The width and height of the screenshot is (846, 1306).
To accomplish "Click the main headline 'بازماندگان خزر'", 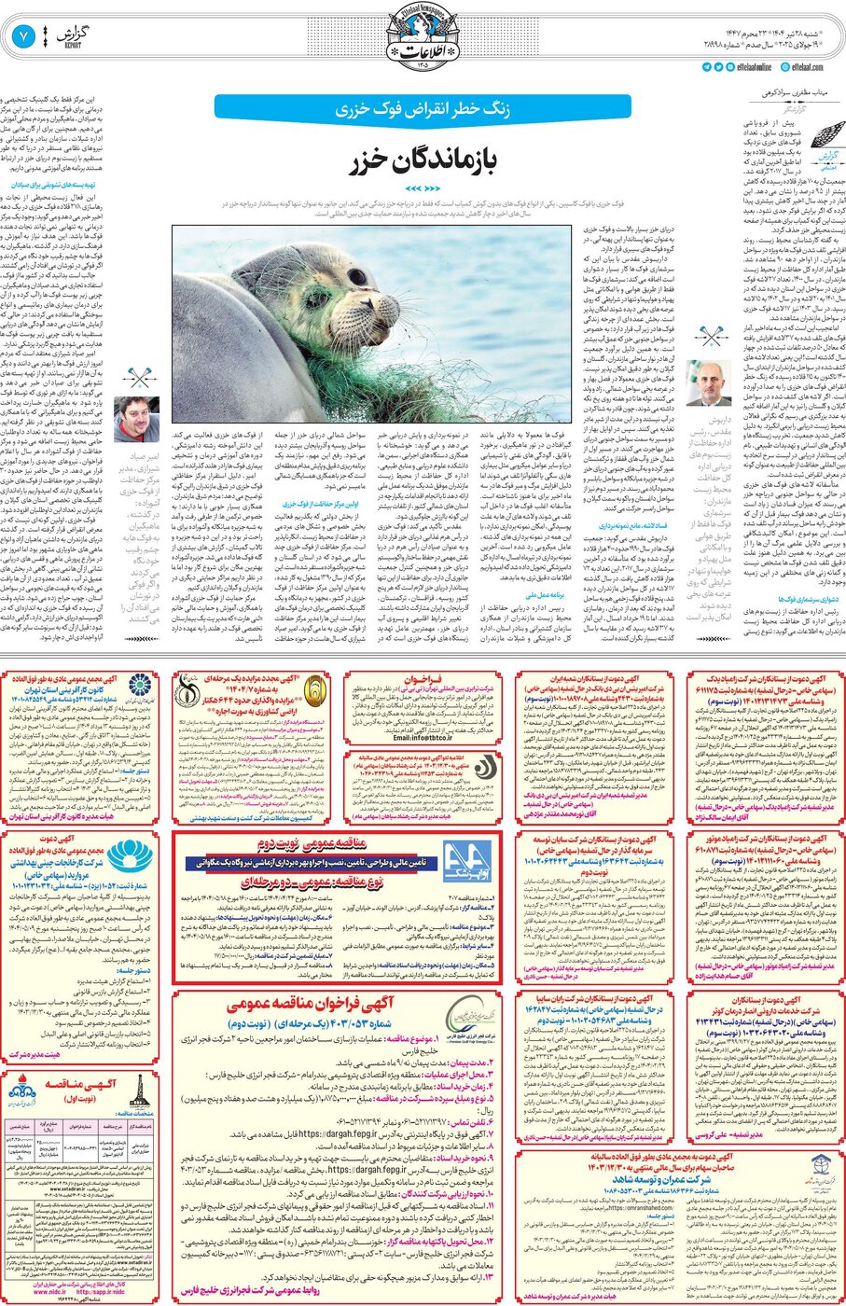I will [422, 161].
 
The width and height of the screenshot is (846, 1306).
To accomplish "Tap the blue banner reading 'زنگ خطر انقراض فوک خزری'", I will [422, 109].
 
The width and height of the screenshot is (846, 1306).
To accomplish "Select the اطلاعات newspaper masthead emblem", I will [423, 37].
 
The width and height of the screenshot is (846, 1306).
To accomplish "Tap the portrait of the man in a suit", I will [708, 383].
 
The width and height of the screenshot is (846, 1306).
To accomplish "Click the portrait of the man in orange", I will [135, 419].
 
